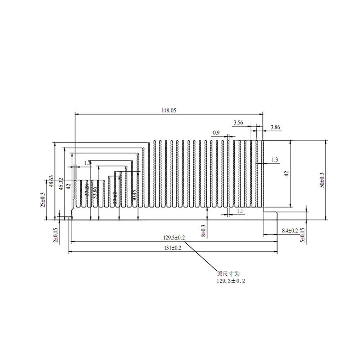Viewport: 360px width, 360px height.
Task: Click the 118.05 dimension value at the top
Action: pos(168,111)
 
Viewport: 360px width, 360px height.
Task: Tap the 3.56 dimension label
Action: pos(238,123)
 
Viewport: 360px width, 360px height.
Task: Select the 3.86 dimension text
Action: pos(275,127)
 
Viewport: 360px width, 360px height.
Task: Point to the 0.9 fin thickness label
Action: pos(216,133)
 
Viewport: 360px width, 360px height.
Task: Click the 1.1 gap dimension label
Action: pos(240,210)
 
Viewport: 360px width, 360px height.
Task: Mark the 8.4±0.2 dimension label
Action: pos(289,230)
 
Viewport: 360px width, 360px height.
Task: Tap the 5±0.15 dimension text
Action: pos(302,236)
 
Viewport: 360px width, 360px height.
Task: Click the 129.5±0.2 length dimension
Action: pos(174,238)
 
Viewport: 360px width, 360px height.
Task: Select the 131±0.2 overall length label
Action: pos(172,248)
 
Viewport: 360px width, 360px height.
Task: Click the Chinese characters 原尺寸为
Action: pos(226,274)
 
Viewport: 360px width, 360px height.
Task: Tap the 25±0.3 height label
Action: pos(43,200)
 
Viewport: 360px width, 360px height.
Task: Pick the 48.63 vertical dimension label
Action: pos(51,181)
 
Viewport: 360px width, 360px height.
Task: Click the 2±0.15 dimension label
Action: pos(55,235)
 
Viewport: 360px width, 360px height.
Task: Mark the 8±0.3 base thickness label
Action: pos(204,230)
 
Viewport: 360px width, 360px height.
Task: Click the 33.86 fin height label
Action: pos(95,193)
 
